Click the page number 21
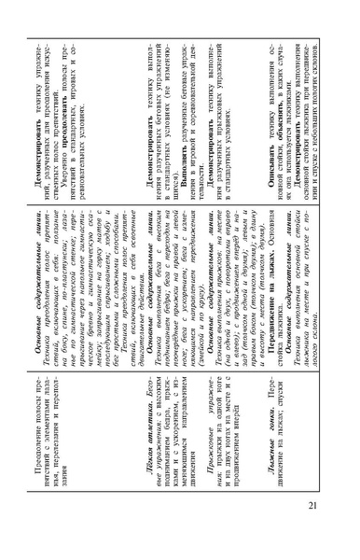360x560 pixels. coord(338,529)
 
